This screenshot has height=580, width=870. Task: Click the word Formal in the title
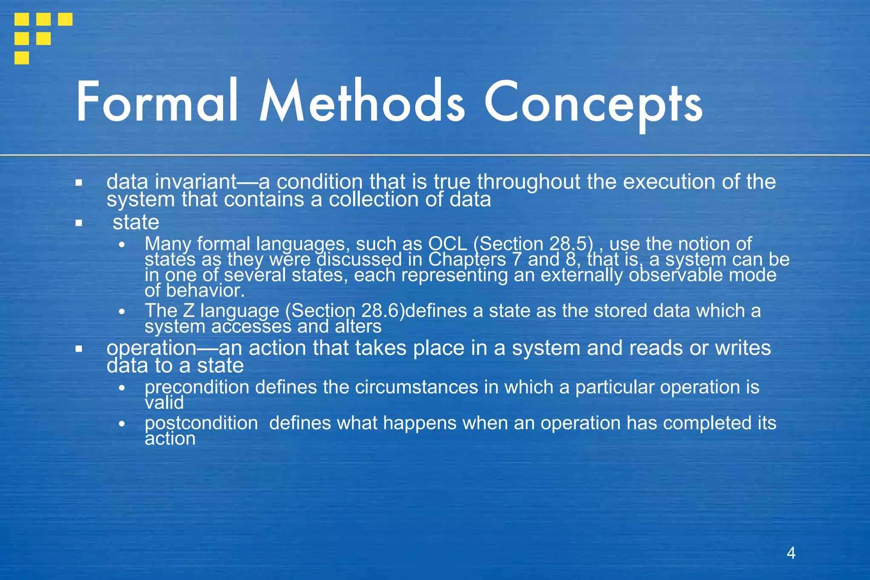(x=157, y=102)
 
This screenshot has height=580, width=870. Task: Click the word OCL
(x=448, y=244)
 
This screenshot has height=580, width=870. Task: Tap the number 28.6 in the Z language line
(x=381, y=311)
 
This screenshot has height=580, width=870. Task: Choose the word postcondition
(x=201, y=423)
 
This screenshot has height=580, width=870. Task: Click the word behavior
(x=205, y=291)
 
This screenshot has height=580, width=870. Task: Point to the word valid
(x=164, y=403)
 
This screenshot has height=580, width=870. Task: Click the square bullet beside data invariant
(x=79, y=183)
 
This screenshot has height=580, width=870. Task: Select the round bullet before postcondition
(x=122, y=424)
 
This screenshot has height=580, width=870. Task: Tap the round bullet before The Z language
(x=122, y=311)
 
